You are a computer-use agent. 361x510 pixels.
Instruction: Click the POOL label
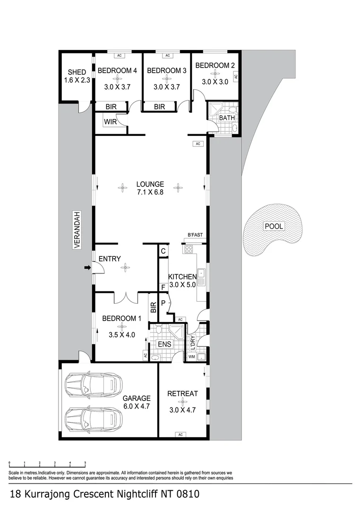(274, 226)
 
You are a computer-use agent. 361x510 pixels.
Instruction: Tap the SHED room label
(77, 72)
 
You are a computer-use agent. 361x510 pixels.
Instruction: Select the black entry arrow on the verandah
(87, 267)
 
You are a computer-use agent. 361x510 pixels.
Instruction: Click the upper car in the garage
(94, 385)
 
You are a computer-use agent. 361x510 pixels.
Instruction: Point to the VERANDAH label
(77, 230)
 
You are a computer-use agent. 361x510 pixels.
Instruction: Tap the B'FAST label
(195, 235)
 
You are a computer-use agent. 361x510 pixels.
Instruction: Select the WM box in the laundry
(192, 357)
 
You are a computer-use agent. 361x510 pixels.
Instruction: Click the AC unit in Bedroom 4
(119, 56)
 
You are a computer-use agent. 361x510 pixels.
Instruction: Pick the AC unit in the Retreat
(180, 434)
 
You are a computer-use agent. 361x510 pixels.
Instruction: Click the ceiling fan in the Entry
(125, 268)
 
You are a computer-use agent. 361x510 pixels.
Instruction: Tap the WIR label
(111, 122)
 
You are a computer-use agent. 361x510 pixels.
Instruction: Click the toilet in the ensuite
(158, 329)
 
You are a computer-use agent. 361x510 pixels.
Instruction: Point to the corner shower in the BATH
(215, 109)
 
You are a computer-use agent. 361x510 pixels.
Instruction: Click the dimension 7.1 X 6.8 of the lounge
(150, 192)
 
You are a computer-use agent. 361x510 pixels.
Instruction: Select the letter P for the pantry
(163, 303)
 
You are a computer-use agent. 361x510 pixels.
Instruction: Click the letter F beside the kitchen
(163, 288)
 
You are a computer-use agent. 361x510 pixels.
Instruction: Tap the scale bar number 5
(85, 462)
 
